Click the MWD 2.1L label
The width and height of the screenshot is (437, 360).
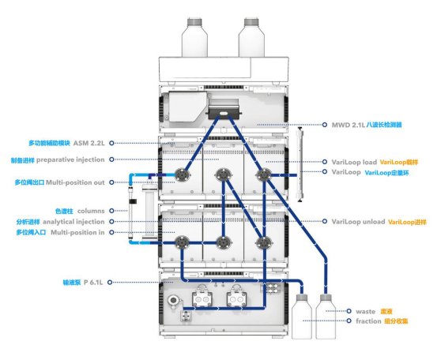348,125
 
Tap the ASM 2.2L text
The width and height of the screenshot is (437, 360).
89,143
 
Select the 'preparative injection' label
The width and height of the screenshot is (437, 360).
70,159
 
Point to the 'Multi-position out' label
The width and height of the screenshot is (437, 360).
75,182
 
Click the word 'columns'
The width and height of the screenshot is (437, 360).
91,211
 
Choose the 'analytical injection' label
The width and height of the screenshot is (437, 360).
73,222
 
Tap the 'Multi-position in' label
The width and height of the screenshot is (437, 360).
77,232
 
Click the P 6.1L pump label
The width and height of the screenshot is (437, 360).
93,283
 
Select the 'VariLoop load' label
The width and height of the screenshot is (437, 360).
354,162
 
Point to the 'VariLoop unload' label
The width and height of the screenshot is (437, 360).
358,222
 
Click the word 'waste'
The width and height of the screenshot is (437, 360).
365,311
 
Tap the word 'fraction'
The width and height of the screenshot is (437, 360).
368,321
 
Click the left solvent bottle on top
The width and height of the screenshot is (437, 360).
194,38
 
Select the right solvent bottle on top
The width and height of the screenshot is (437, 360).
251,38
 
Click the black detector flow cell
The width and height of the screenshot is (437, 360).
224,113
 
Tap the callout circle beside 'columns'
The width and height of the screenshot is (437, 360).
111,211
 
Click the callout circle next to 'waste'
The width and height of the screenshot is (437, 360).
349,311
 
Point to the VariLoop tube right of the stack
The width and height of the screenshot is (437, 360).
300,164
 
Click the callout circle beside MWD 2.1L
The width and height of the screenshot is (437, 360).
325,125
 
